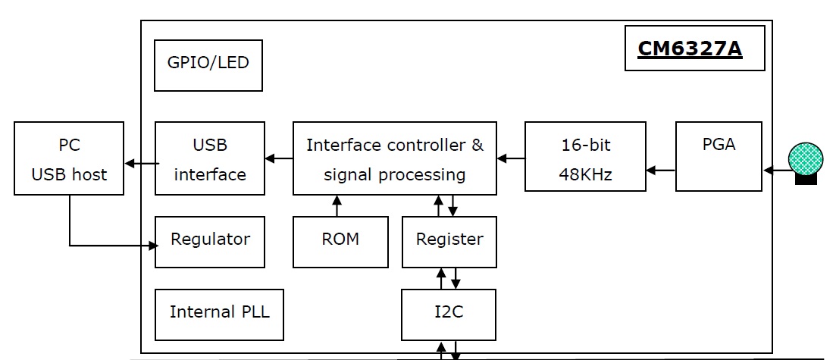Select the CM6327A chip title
click(x=690, y=49)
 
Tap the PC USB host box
click(x=70, y=160)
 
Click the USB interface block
click(x=210, y=159)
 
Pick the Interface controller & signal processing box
click(x=395, y=159)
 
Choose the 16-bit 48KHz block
click(x=586, y=159)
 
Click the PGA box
click(x=719, y=157)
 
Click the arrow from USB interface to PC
click(x=141, y=163)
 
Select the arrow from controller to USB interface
click(x=279, y=158)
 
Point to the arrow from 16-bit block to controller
click(x=511, y=158)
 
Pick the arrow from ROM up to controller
click(x=337, y=205)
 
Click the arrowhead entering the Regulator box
click(x=153, y=246)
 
